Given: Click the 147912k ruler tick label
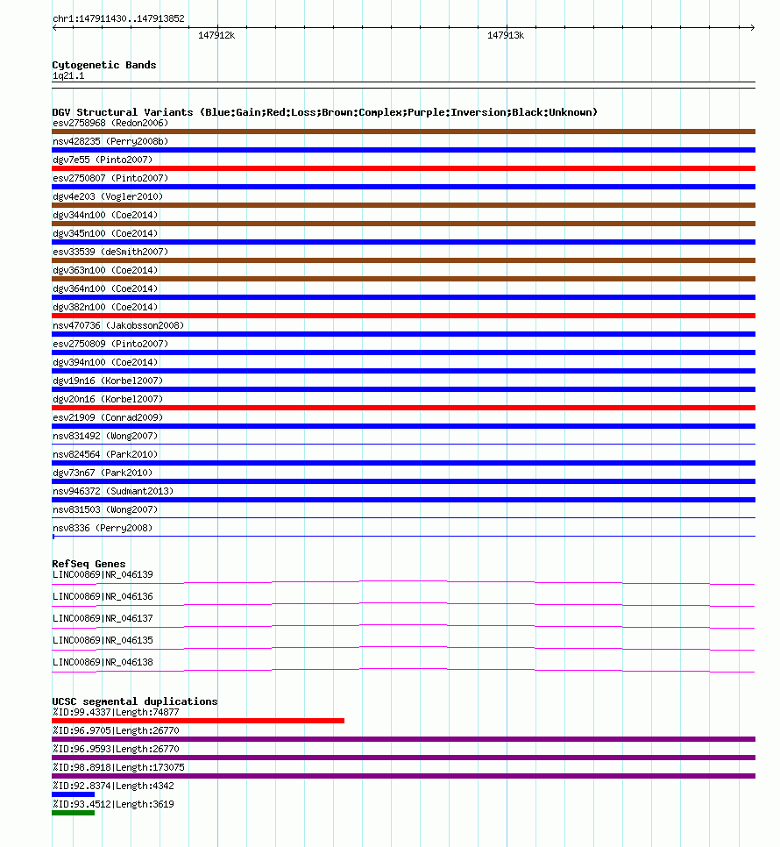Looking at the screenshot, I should (216, 35).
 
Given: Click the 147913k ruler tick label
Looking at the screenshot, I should (505, 35).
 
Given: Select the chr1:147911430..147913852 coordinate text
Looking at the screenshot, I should (117, 18).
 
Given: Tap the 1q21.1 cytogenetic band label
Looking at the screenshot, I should (68, 76).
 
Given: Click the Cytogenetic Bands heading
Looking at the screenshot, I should (104, 65).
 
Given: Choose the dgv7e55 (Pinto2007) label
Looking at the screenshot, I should (102, 160).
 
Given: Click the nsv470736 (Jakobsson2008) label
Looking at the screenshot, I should (118, 325).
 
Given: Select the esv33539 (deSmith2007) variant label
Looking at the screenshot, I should (110, 252).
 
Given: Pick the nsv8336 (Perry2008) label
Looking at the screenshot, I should (102, 528).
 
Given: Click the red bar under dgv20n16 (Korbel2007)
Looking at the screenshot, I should (403, 408).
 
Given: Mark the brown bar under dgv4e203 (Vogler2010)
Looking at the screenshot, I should (403, 205).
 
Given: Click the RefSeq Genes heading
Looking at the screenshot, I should (89, 564).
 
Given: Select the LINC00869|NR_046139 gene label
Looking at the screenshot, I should (103, 574).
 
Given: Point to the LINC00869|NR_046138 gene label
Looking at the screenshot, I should (103, 662).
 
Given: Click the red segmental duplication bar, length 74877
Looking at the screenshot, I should (198, 721).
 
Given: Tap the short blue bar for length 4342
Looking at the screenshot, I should (73, 794).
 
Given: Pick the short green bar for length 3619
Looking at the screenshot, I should (73, 813).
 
